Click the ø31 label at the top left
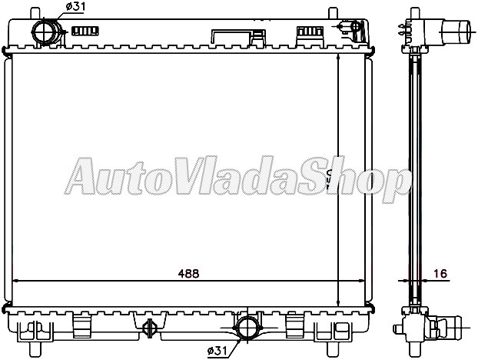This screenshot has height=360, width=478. (75, 7)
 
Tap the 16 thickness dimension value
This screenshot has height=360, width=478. (440, 273)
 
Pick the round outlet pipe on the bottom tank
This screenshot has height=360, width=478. (247, 326)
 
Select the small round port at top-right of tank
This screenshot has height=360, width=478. (355, 27)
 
